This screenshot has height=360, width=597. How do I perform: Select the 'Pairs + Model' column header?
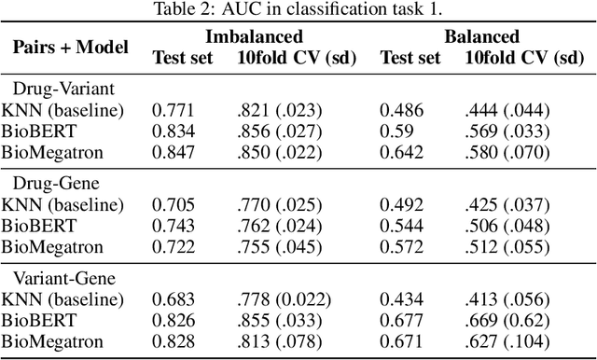point(71,47)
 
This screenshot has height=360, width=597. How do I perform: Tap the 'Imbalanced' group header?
point(255,37)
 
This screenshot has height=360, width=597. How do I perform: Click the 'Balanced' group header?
point(481,37)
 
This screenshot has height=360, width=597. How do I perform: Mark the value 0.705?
point(174,204)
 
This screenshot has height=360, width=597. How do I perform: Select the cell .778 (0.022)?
point(284,299)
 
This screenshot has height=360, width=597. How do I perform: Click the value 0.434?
point(400,299)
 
